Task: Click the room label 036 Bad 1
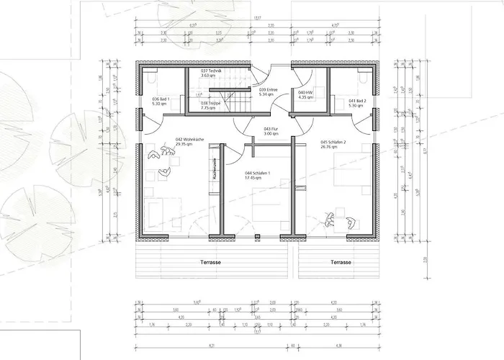(x=159, y=99)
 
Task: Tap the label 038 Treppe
(x=211, y=103)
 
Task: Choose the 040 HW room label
(x=305, y=92)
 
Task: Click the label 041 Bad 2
(x=358, y=100)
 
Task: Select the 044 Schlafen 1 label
(x=258, y=174)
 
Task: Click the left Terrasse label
(x=210, y=262)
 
